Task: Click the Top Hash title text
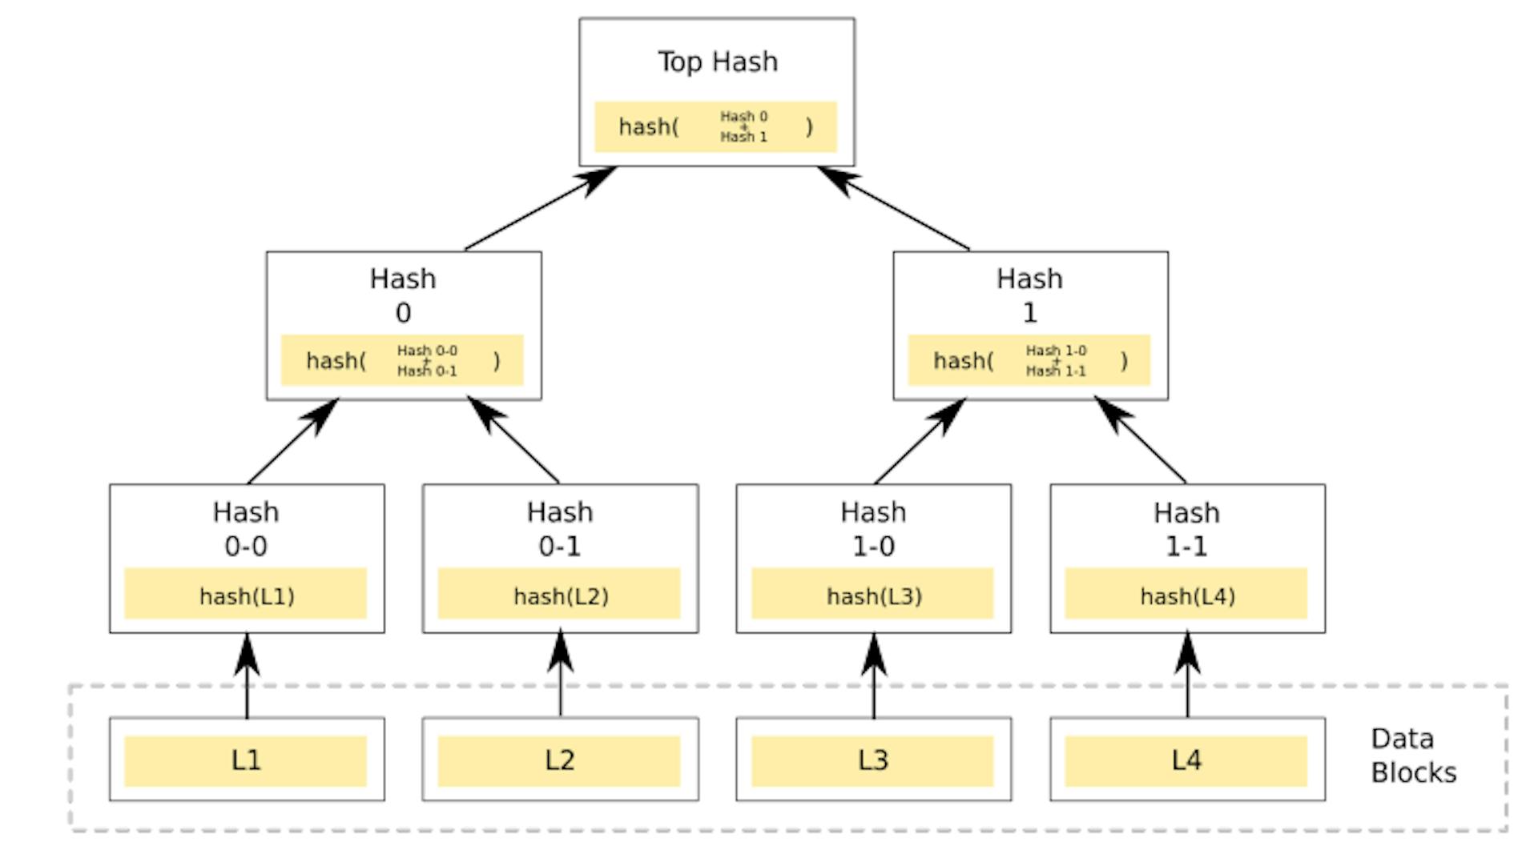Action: (x=717, y=62)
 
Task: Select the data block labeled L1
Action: (x=246, y=760)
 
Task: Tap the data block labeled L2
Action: (x=559, y=760)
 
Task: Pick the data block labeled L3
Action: (x=872, y=760)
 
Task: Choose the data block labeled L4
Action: (x=1186, y=760)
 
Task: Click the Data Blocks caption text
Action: (x=1412, y=755)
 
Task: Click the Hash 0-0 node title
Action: (x=246, y=528)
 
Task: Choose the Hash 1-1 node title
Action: (x=1186, y=528)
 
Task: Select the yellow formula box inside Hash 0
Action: (x=402, y=360)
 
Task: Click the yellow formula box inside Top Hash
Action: (x=715, y=126)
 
